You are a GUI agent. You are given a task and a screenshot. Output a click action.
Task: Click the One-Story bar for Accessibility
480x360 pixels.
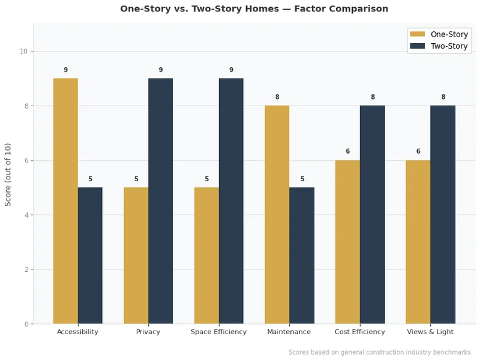[65, 201]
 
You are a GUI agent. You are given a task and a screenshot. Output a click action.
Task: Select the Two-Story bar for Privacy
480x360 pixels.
[161, 201]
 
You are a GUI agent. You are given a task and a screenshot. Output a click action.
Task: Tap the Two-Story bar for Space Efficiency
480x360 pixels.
[231, 201]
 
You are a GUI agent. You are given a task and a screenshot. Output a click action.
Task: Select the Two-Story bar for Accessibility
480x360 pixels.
[90, 256]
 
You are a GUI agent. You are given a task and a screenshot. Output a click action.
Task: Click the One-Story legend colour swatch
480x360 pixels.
[417, 34]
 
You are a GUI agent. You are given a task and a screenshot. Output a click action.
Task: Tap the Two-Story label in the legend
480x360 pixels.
[449, 46]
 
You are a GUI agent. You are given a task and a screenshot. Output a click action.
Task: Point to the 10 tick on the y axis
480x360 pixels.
[23, 52]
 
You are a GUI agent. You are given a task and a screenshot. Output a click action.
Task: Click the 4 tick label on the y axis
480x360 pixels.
[25, 215]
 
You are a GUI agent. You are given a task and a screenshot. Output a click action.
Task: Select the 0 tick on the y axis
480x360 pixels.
[25, 324]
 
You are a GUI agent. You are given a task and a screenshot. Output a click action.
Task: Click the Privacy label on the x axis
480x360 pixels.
[148, 332]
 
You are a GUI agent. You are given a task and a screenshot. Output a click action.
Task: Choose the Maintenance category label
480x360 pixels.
[289, 332]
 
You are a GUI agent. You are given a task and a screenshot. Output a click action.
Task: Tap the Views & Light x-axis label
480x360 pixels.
[430, 332]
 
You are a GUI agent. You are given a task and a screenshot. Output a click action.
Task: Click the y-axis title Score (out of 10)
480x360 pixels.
[8, 174]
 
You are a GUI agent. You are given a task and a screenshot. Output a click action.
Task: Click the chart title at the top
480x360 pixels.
[254, 9]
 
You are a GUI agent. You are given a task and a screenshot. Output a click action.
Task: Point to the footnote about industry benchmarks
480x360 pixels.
[379, 352]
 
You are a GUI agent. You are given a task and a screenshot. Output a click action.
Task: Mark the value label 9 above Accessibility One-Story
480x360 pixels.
[65, 70]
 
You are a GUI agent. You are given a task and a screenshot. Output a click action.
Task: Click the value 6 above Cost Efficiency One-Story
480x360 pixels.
[347, 152]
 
